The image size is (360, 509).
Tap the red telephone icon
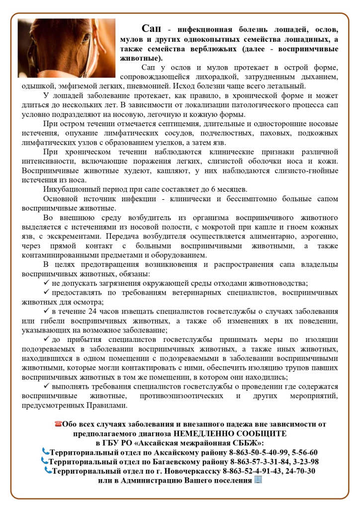click(x=59, y=424)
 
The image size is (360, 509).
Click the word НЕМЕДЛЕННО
click(x=221, y=433)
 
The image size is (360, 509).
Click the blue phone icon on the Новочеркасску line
click(x=48, y=470)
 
